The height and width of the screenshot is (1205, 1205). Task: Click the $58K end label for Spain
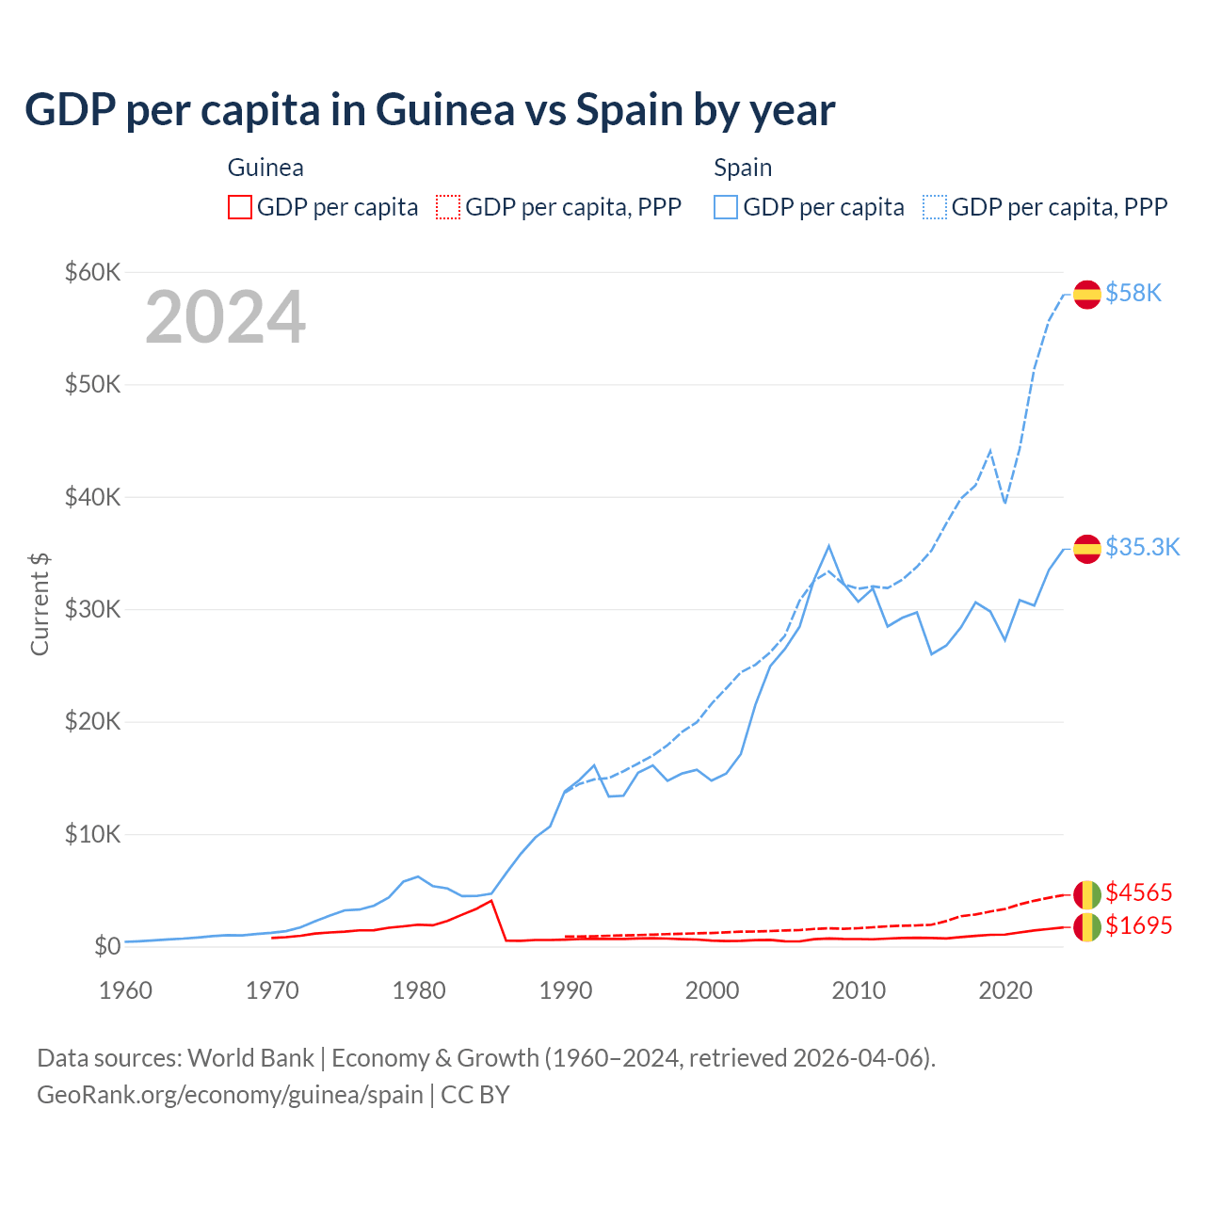(x=1133, y=294)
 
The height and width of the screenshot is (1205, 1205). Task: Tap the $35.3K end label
(x=1142, y=548)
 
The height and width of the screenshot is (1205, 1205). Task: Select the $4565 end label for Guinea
(x=1138, y=892)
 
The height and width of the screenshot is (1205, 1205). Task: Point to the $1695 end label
(x=1138, y=926)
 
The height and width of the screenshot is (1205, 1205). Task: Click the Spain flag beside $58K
(x=1087, y=295)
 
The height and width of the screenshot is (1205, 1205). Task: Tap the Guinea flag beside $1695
(x=1087, y=927)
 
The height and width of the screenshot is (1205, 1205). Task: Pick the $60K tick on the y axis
(x=92, y=273)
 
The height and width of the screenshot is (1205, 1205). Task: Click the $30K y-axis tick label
(x=92, y=610)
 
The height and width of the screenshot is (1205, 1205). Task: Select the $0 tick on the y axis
(x=107, y=946)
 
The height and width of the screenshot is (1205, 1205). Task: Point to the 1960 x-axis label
(x=125, y=990)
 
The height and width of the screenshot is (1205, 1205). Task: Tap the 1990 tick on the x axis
(x=566, y=990)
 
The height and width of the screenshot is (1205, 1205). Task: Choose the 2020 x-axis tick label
(x=1005, y=990)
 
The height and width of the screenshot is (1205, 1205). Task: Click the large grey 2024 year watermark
(x=225, y=317)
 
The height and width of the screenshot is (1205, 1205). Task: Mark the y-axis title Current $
(x=40, y=603)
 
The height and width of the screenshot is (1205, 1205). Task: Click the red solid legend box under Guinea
(x=240, y=207)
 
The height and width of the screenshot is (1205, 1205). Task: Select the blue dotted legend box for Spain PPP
(x=936, y=207)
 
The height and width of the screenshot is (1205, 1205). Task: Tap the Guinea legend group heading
(x=265, y=168)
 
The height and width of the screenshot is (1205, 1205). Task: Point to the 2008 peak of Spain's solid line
(x=828, y=546)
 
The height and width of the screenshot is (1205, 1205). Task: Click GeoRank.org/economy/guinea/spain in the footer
(x=230, y=1095)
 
